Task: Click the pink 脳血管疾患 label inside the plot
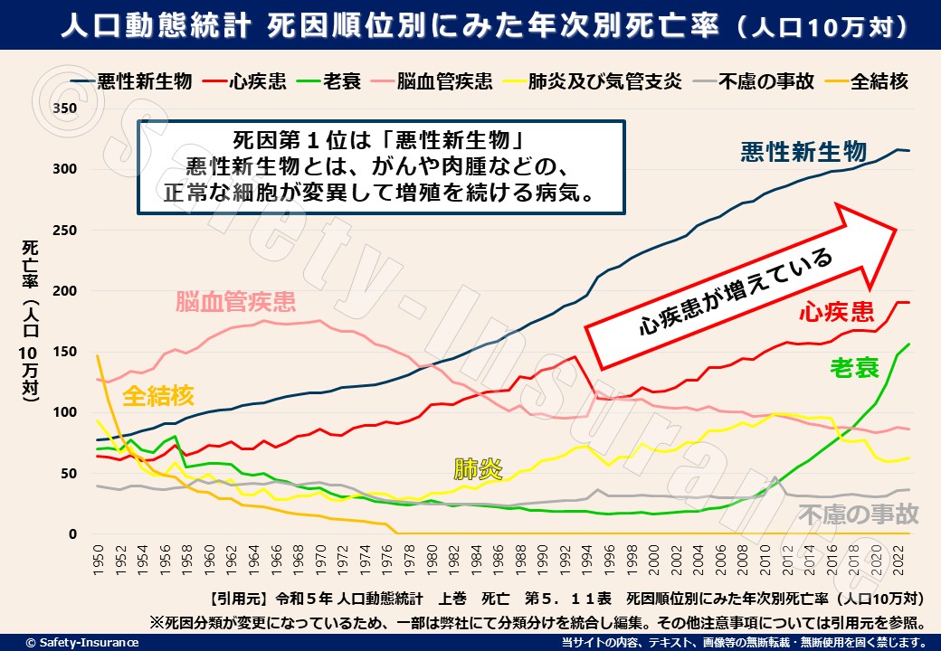point(235,300)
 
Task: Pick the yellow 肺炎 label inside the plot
point(478,468)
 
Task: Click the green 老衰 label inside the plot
point(855,368)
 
